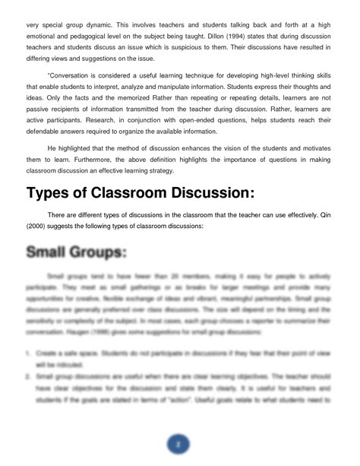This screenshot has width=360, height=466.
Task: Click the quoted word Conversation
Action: coord(69,76)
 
